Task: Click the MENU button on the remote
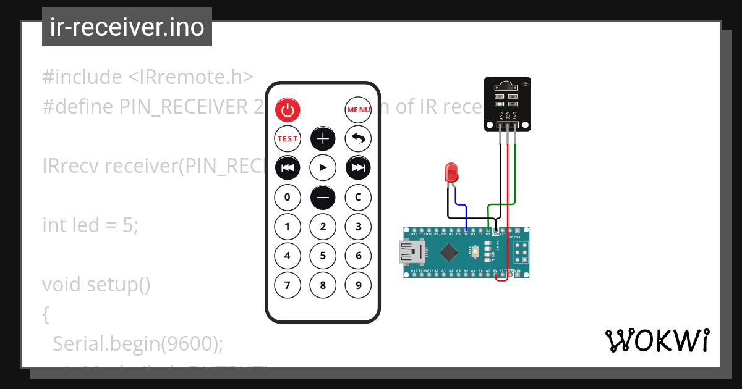[x=358, y=110]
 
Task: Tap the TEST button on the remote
[x=287, y=139]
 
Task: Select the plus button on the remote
[x=323, y=139]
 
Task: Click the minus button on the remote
[x=323, y=198]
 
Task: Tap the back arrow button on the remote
[x=358, y=139]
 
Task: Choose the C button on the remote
[x=358, y=198]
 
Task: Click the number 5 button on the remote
[x=323, y=256]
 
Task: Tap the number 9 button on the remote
[x=358, y=285]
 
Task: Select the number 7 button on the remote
[x=287, y=285]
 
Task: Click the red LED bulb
[x=451, y=172]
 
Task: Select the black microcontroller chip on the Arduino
[x=449, y=252]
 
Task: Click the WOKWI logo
[x=657, y=341]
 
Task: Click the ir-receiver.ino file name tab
[x=127, y=27]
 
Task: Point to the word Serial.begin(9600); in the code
[x=137, y=343]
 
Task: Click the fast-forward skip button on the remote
[x=358, y=168]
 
